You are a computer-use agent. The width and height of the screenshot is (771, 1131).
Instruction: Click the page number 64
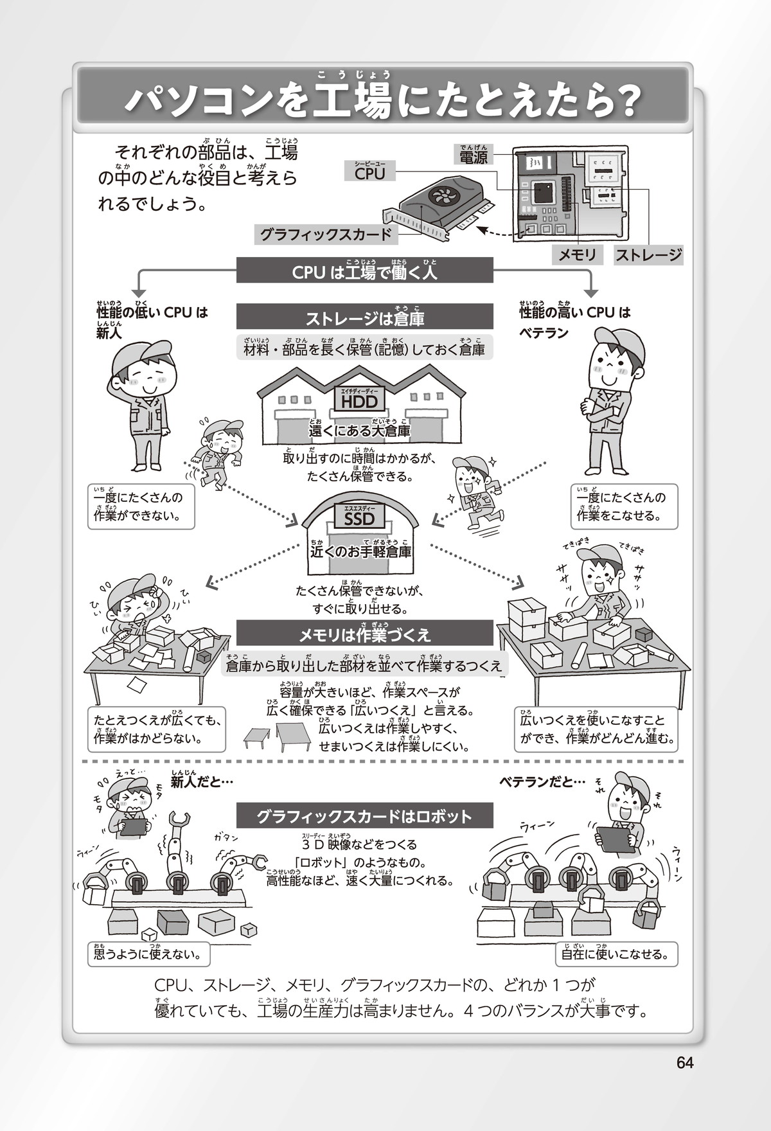tap(685, 1062)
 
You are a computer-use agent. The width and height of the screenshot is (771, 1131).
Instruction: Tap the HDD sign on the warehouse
tap(359, 401)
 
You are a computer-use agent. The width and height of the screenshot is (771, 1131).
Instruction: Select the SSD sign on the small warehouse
tap(359, 518)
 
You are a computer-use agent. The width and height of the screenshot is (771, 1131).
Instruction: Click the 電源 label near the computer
tap(474, 157)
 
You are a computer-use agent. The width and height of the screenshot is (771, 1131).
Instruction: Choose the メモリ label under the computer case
tap(577, 255)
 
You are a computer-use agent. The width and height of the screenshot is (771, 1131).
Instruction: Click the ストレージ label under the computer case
tap(648, 255)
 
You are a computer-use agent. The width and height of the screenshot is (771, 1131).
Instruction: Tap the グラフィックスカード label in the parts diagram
tap(326, 235)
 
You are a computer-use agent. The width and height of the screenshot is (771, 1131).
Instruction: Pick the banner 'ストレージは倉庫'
tap(364, 318)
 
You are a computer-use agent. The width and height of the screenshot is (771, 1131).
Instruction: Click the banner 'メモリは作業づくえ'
tap(364, 635)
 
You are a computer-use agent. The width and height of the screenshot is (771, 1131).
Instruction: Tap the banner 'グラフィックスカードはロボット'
tap(364, 817)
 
